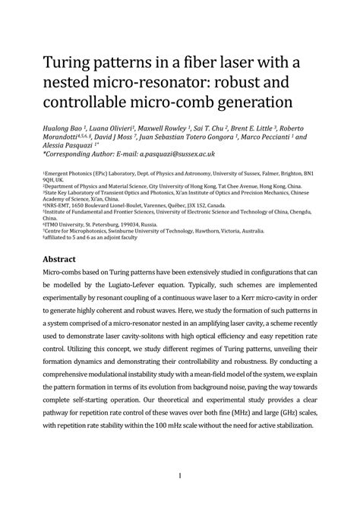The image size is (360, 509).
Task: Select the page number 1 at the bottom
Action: click(180, 476)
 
